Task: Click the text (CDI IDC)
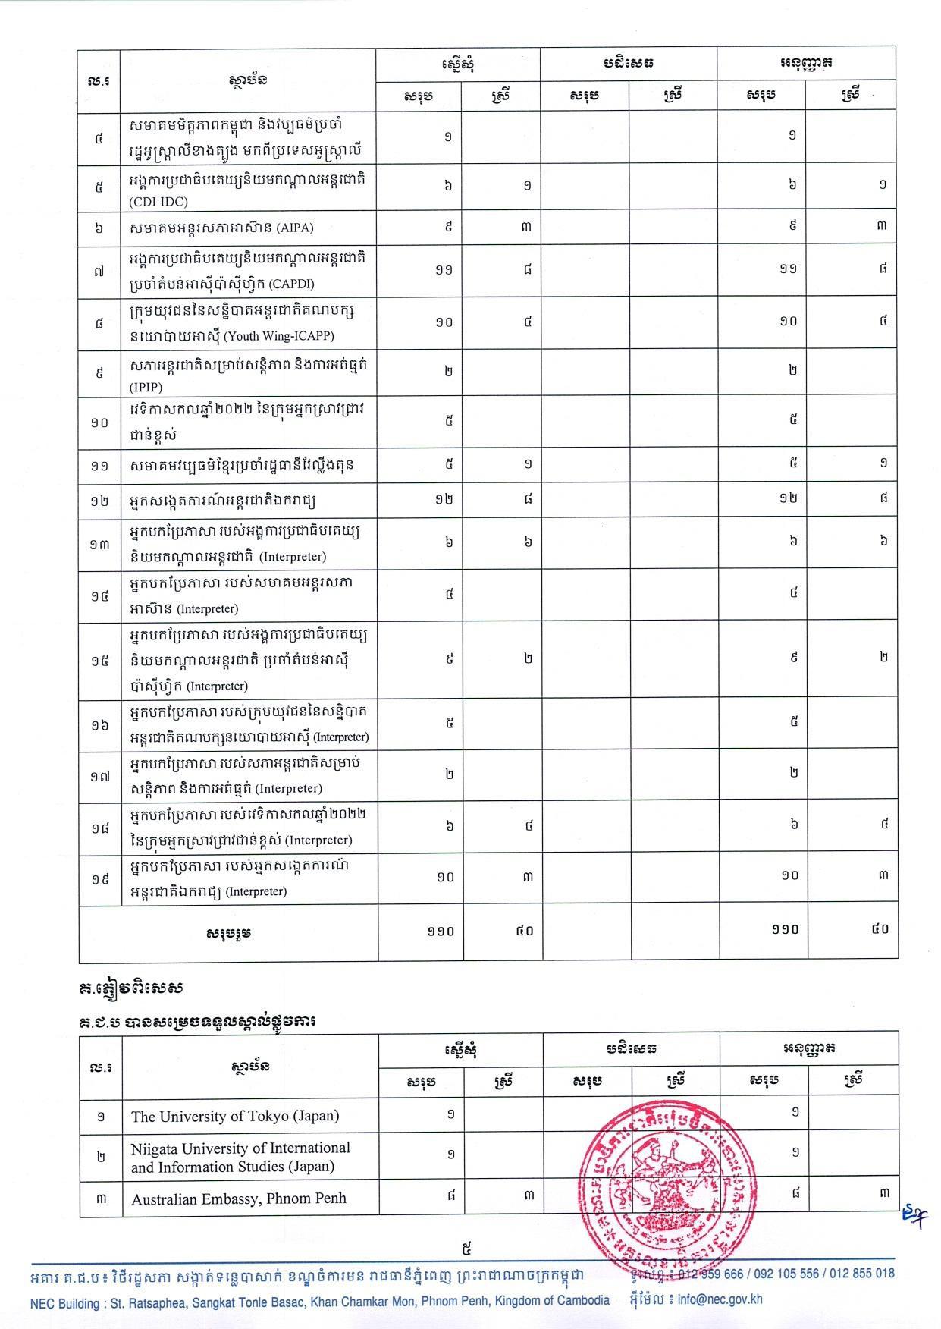pos(158,202)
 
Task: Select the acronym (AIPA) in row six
pos(296,228)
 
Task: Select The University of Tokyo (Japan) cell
pos(235,1116)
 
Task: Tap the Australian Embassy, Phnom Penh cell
pos(239,1199)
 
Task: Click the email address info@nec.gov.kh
pos(720,1299)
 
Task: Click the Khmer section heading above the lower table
pos(198,1021)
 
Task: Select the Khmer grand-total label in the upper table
pos(228,932)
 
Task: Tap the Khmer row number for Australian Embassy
pos(101,1198)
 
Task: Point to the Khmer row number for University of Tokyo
pos(101,1116)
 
